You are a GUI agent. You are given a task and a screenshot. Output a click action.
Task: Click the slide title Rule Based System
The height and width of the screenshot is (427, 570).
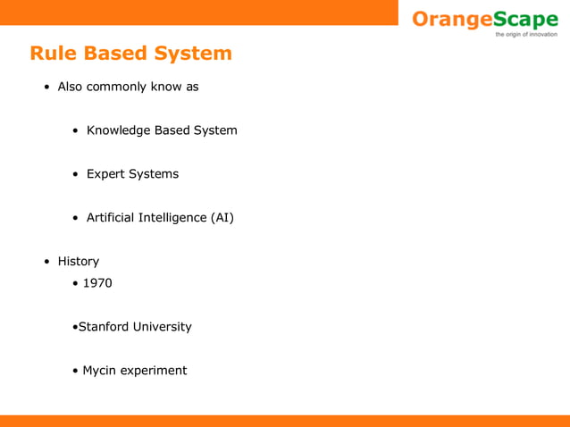(130, 54)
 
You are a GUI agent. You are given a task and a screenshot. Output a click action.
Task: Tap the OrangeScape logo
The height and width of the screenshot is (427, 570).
(484, 19)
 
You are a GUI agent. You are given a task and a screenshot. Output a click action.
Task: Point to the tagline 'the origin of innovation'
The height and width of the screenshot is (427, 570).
(525, 35)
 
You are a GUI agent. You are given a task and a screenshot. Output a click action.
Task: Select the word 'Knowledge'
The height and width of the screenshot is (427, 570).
(118, 130)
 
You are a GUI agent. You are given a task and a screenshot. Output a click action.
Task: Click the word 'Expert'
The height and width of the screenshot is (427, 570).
(105, 174)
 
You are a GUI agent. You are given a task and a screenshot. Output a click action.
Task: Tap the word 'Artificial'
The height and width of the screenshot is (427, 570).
(112, 217)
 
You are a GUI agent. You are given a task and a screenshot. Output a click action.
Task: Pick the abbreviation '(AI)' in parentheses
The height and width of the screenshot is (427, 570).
(222, 217)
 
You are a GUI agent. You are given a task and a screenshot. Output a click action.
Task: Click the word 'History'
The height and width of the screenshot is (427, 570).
(79, 262)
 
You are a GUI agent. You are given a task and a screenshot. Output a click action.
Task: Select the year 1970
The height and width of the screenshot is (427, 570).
(97, 283)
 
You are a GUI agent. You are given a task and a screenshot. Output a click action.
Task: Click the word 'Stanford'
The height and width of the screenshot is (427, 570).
(104, 327)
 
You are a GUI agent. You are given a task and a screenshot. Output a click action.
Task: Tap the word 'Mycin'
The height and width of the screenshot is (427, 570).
(100, 371)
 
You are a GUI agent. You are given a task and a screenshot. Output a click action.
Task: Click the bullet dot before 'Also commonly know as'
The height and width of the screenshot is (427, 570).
(46, 88)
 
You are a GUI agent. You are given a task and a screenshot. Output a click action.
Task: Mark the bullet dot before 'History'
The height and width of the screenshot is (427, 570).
(46, 262)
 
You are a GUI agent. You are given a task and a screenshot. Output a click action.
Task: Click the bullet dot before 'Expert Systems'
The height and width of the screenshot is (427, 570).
(76, 174)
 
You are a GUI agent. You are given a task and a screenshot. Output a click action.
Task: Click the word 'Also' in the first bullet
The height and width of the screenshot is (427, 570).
(71, 88)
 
